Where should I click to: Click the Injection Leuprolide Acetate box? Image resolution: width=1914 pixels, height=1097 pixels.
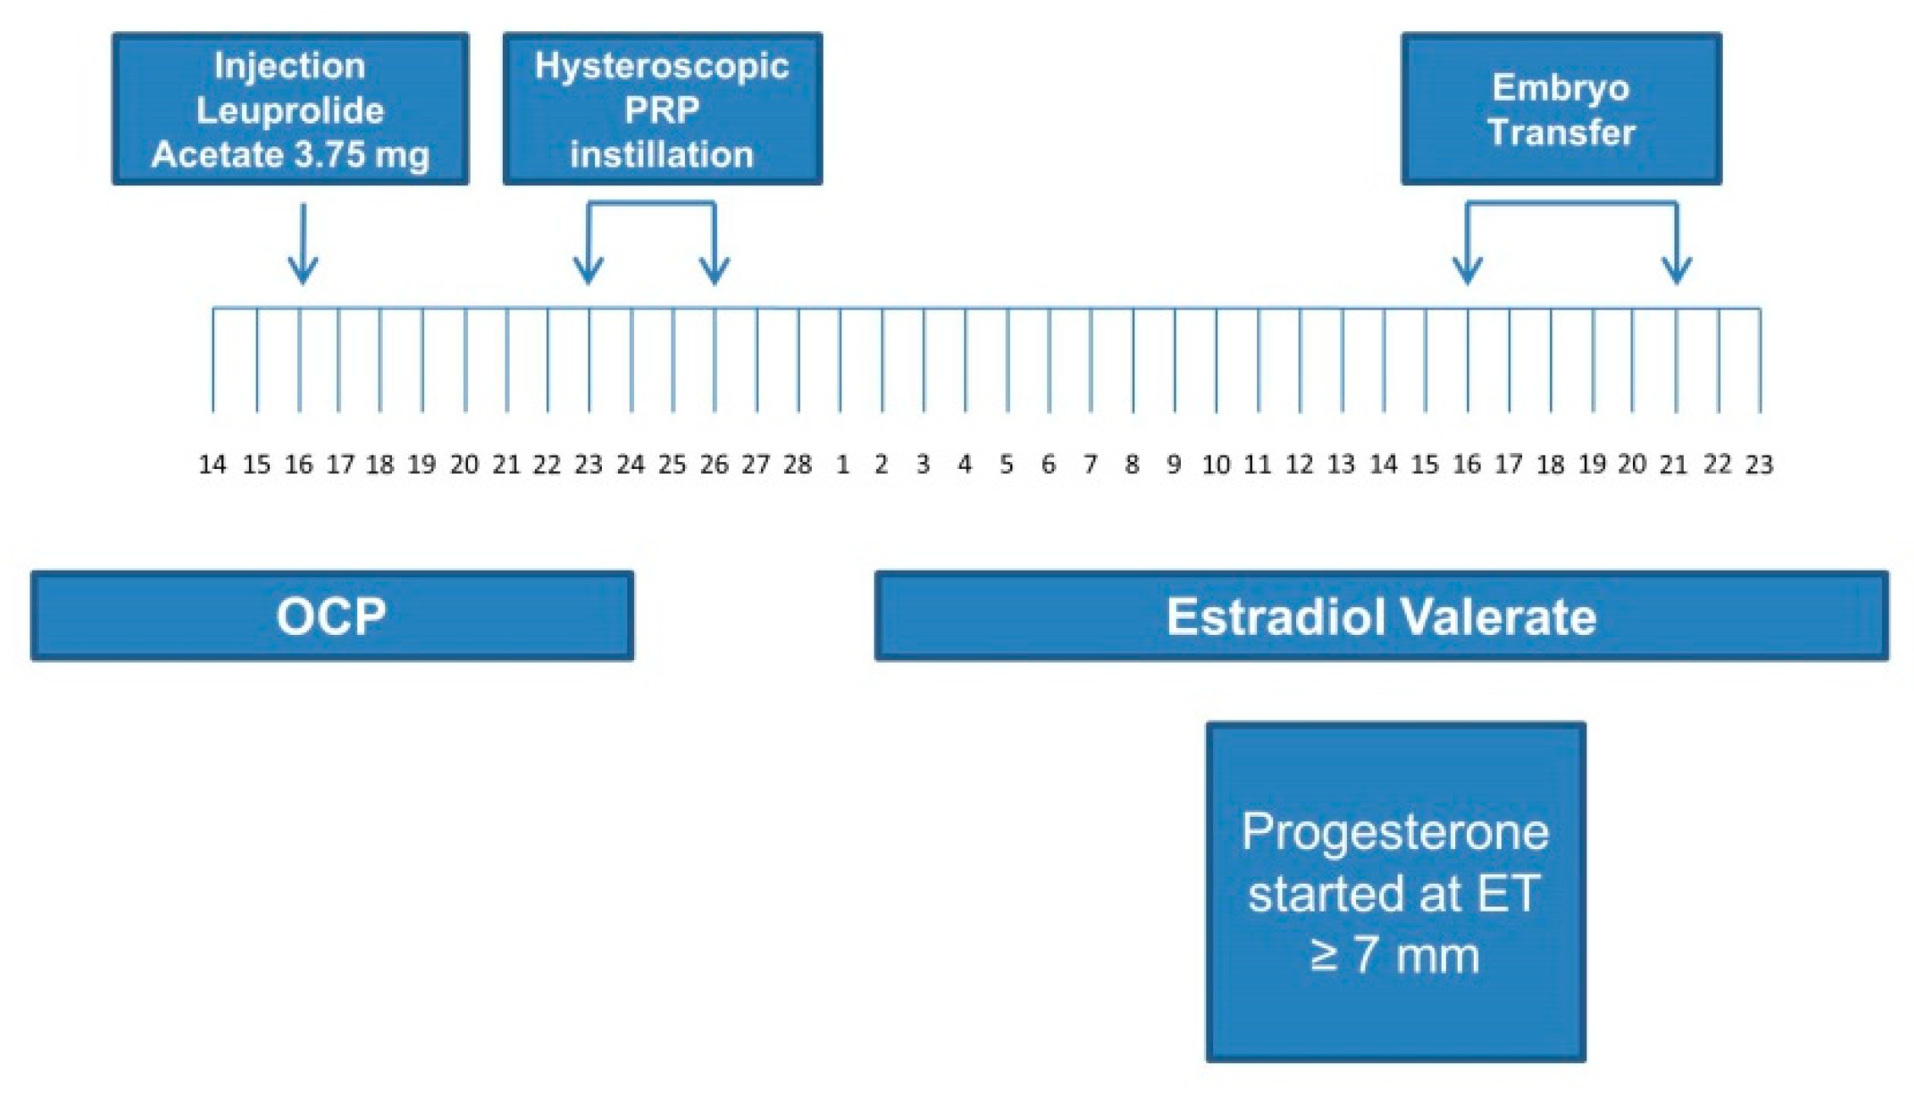[x=290, y=108]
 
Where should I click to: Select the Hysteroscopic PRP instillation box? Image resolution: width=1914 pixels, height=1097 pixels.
[x=662, y=108]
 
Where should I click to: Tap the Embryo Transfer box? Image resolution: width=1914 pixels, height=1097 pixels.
[x=1561, y=108]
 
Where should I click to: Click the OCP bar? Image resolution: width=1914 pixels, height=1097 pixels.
[x=332, y=615]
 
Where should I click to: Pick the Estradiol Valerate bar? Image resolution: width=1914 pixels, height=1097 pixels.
[x=1381, y=615]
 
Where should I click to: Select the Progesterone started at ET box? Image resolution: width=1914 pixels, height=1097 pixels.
[x=1395, y=891]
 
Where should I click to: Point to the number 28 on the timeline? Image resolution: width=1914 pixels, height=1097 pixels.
[x=797, y=465]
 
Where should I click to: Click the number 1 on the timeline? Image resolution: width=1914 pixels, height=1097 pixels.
[x=842, y=465]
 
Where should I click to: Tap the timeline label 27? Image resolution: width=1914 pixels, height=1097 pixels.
[x=756, y=465]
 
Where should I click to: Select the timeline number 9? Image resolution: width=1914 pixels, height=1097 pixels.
[x=1174, y=465]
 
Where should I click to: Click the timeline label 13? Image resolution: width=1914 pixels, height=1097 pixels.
[x=1341, y=465]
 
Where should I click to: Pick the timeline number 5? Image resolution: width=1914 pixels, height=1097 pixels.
[x=1007, y=465]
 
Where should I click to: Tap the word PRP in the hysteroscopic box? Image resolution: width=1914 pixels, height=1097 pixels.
[x=662, y=110]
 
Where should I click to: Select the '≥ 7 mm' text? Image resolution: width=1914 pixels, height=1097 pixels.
[x=1395, y=955]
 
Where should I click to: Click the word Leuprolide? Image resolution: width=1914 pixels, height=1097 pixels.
[x=290, y=111]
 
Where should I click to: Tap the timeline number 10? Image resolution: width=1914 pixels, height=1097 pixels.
[x=1216, y=465]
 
